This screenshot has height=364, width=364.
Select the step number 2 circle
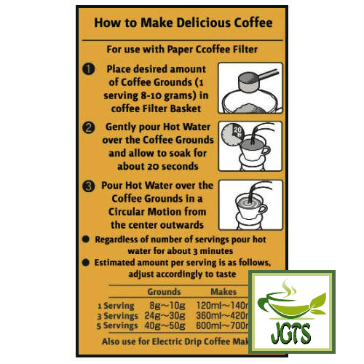coord(87,128)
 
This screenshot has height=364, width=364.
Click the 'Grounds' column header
coord(165,290)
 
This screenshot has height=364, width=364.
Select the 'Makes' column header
coord(225,290)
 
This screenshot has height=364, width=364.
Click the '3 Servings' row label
coord(114,317)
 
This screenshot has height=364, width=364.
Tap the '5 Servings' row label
coord(114,328)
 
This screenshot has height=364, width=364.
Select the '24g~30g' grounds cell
coord(165,317)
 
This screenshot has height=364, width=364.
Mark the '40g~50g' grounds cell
coord(165,328)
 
